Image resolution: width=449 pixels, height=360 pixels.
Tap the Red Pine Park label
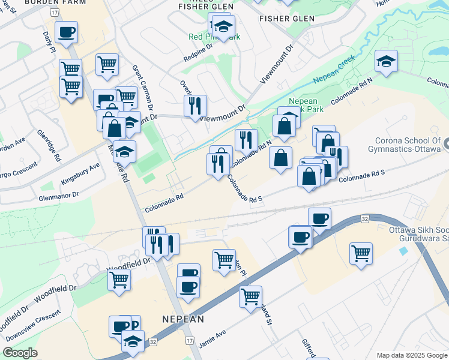(x=214, y=37)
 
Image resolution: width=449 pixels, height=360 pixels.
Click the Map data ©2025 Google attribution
(x=412, y=355)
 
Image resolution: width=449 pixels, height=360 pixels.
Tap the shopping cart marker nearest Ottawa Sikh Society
(x=361, y=253)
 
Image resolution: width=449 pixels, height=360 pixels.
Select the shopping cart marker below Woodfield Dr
(x=119, y=278)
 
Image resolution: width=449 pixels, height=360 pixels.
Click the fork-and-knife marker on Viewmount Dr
(x=194, y=106)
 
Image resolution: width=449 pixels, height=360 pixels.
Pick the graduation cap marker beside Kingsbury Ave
(x=124, y=152)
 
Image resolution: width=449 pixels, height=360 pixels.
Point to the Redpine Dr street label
(x=198, y=53)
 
